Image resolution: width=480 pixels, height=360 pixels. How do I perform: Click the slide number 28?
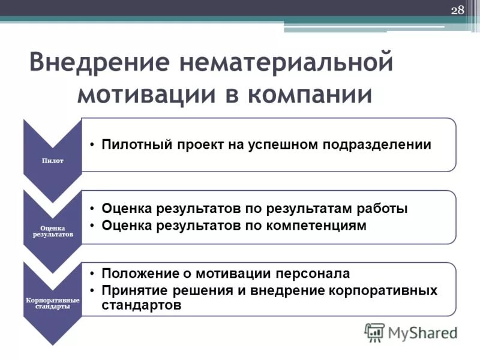click(457, 10)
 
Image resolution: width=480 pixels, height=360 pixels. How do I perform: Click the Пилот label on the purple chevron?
click(53, 161)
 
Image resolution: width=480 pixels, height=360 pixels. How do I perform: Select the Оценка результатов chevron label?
click(53, 231)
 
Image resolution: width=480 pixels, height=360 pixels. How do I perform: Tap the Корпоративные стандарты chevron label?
click(53, 302)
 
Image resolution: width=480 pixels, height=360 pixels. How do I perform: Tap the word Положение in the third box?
click(136, 274)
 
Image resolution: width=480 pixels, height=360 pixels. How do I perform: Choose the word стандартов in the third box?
click(142, 305)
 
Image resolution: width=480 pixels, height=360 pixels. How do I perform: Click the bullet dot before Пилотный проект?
click(89, 145)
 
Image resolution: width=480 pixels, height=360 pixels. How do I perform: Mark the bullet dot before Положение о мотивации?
click(89, 274)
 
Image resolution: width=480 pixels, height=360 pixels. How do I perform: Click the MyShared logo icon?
click(374, 332)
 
